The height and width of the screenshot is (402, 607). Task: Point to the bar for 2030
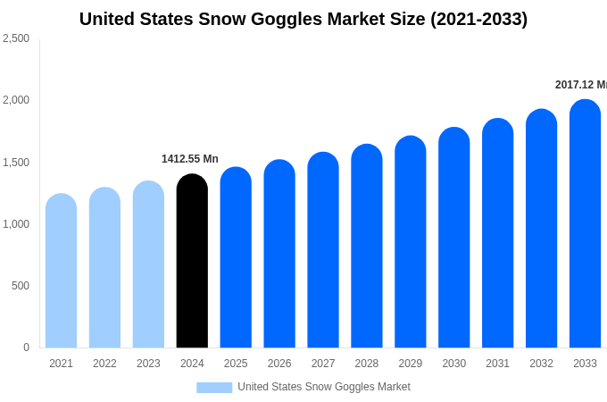click(453, 238)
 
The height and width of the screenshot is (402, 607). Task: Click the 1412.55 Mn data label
click(190, 159)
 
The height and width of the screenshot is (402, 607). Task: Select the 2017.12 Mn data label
click(580, 85)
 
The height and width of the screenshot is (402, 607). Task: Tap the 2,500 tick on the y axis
click(16, 38)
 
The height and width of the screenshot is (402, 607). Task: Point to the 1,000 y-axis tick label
click(16, 224)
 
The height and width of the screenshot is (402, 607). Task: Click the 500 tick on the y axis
click(20, 286)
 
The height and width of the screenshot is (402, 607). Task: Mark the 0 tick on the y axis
click(26, 348)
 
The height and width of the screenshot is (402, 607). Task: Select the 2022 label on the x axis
click(104, 364)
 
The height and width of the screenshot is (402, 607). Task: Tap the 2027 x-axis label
click(323, 364)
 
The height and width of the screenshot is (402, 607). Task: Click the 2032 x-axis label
click(541, 364)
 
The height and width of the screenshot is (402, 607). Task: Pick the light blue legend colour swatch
click(214, 388)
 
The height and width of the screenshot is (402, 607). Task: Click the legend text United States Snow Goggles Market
click(324, 387)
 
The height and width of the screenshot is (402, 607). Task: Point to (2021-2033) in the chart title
click(479, 19)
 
